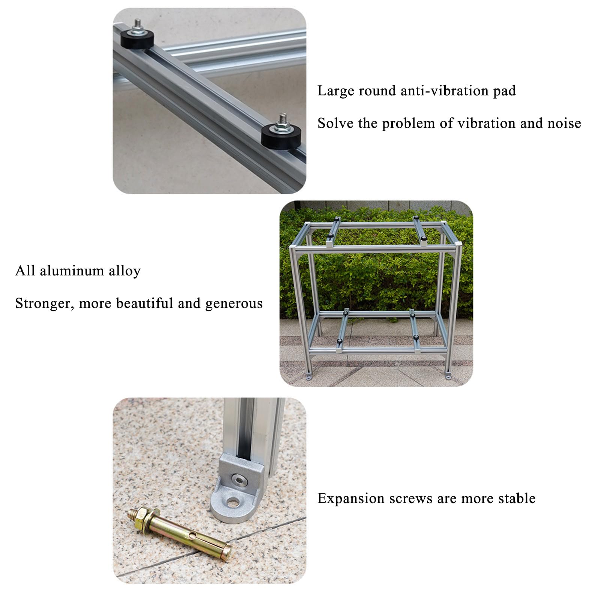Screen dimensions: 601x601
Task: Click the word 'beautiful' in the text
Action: (x=145, y=304)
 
